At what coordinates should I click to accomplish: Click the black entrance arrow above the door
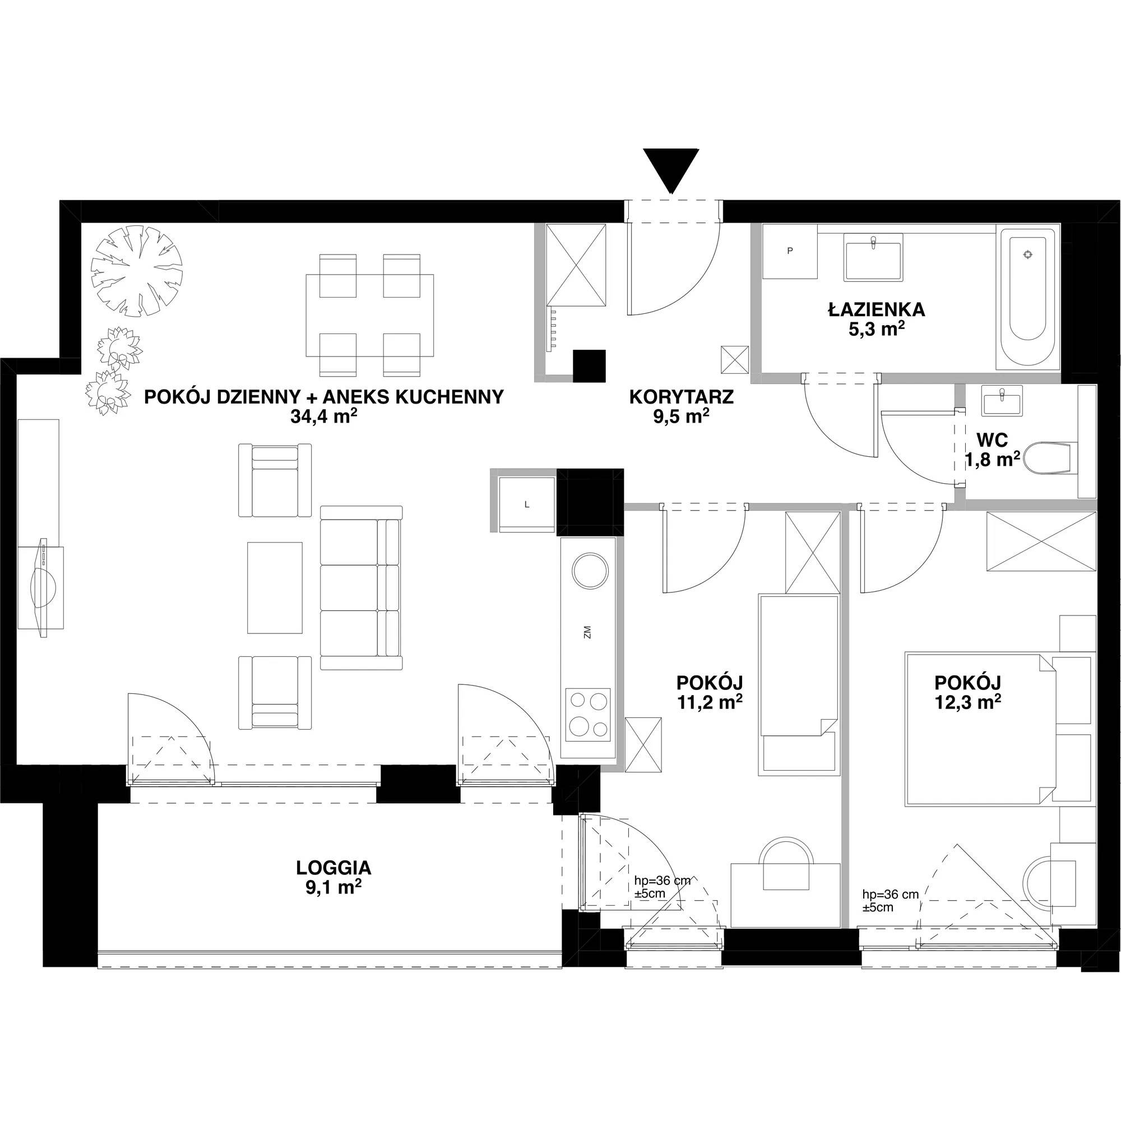click(671, 170)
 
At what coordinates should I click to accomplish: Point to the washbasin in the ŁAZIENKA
click(874, 257)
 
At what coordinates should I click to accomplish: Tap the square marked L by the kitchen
click(527, 504)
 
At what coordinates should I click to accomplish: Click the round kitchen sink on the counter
click(590, 570)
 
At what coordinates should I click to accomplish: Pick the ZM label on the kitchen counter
click(587, 632)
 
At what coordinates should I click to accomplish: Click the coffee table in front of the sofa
click(275, 588)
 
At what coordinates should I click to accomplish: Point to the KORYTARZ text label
click(681, 397)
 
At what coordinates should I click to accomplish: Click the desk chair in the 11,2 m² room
click(786, 864)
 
